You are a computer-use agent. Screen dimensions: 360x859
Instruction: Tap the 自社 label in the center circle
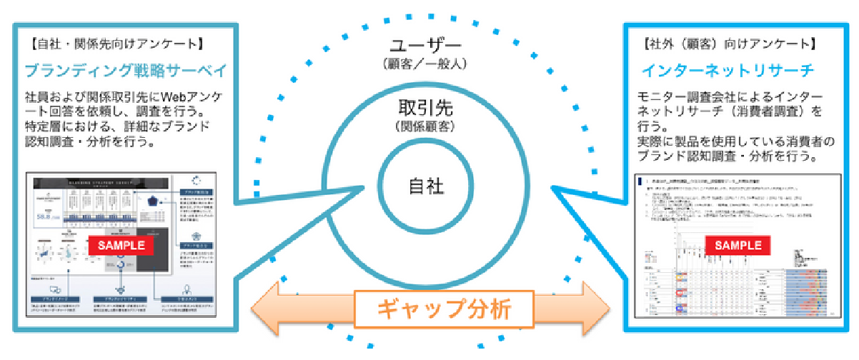point(426,186)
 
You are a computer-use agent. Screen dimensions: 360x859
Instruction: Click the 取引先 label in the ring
point(427,109)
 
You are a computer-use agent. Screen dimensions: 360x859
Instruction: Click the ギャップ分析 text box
point(445,309)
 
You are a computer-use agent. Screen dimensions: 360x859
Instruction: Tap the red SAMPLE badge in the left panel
point(121,244)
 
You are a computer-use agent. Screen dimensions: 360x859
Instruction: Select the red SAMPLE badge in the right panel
point(738,244)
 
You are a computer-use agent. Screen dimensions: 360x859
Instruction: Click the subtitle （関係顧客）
point(426,127)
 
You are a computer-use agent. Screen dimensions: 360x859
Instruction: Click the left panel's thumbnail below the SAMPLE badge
point(121,286)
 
